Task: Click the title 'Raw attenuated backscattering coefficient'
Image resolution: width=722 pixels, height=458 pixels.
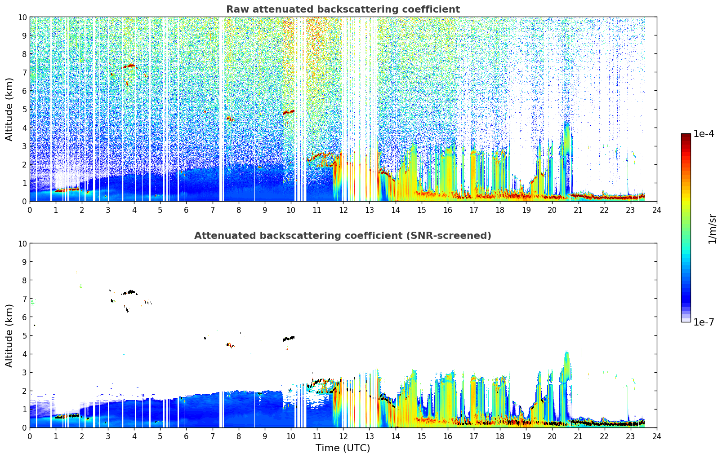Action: [343, 9]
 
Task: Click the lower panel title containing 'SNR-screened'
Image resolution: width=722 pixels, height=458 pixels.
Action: [343, 236]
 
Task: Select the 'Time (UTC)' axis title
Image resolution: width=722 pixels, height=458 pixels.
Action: [343, 448]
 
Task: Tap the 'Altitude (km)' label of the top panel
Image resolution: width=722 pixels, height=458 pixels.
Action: [9, 110]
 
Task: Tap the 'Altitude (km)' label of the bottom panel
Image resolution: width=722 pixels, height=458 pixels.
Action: [9, 336]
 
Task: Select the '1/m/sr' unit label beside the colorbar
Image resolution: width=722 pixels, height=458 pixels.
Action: [712, 229]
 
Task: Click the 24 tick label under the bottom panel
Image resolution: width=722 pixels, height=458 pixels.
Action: [656, 436]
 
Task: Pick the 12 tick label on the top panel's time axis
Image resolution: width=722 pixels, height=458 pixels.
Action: [343, 210]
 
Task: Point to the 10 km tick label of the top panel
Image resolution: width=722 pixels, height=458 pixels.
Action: [22, 17]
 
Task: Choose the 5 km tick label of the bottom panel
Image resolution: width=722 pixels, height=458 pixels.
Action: [24, 336]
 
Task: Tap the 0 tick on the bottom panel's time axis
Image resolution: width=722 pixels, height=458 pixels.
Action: [30, 436]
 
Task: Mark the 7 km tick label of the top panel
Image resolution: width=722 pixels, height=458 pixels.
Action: [24, 72]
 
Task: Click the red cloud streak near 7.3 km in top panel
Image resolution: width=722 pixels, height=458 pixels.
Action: [129, 66]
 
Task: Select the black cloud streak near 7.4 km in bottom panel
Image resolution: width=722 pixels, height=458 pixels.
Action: [129, 292]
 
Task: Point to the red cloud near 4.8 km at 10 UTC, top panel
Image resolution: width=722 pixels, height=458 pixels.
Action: [289, 112]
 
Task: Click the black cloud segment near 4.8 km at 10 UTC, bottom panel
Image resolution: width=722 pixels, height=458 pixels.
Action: [289, 339]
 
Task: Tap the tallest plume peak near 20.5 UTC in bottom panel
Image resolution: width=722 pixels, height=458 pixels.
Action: [566, 352]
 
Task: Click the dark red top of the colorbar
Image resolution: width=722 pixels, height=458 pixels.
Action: [686, 136]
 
